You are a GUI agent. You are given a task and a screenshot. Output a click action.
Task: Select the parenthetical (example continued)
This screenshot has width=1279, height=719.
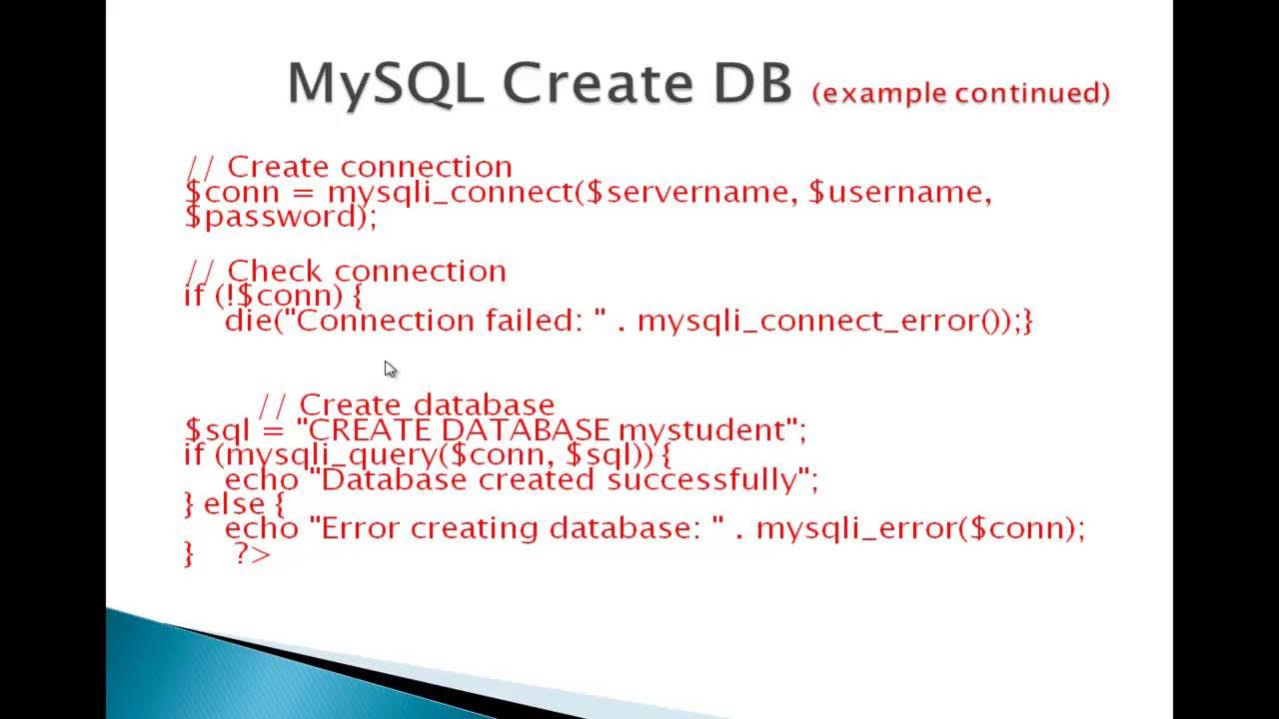[x=961, y=93]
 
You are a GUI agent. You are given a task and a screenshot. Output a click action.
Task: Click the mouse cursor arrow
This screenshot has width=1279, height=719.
[x=390, y=369]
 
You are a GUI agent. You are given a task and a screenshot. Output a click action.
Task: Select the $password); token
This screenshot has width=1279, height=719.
[x=281, y=217]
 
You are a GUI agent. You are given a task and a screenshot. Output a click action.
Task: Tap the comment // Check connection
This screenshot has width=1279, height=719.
[x=346, y=271]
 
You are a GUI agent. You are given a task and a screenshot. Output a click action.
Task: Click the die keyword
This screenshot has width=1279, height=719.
[x=244, y=321]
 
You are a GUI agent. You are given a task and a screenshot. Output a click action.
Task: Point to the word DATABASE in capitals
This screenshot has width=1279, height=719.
[x=525, y=430]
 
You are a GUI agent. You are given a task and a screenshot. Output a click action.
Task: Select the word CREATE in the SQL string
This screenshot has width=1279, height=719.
[x=370, y=430]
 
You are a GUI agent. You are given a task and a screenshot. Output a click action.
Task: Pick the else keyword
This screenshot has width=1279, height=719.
[x=234, y=504]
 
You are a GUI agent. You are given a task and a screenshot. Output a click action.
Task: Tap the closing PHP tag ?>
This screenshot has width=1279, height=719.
[x=252, y=553]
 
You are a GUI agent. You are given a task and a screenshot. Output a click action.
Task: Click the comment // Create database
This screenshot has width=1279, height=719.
[x=406, y=404]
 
